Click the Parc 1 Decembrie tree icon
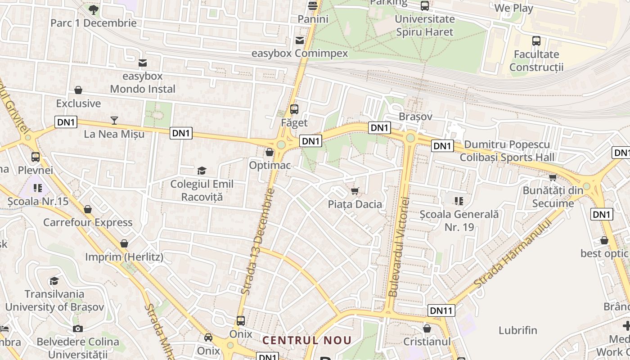(x=93, y=9)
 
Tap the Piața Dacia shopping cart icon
(x=355, y=191)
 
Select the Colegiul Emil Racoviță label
(x=202, y=190)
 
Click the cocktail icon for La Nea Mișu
(x=114, y=120)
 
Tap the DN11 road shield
(x=441, y=310)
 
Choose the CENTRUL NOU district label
(x=306, y=340)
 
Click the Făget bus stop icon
(x=294, y=109)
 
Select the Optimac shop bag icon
(x=270, y=152)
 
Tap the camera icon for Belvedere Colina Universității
(x=78, y=328)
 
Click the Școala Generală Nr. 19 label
(x=459, y=220)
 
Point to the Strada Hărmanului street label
(x=513, y=254)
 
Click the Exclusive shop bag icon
(x=78, y=90)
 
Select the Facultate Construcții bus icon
(x=536, y=41)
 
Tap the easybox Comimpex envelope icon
(x=299, y=40)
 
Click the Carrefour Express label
(x=88, y=222)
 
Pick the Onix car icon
(x=208, y=337)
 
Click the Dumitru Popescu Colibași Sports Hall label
(x=507, y=151)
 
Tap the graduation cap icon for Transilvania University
(x=54, y=281)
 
